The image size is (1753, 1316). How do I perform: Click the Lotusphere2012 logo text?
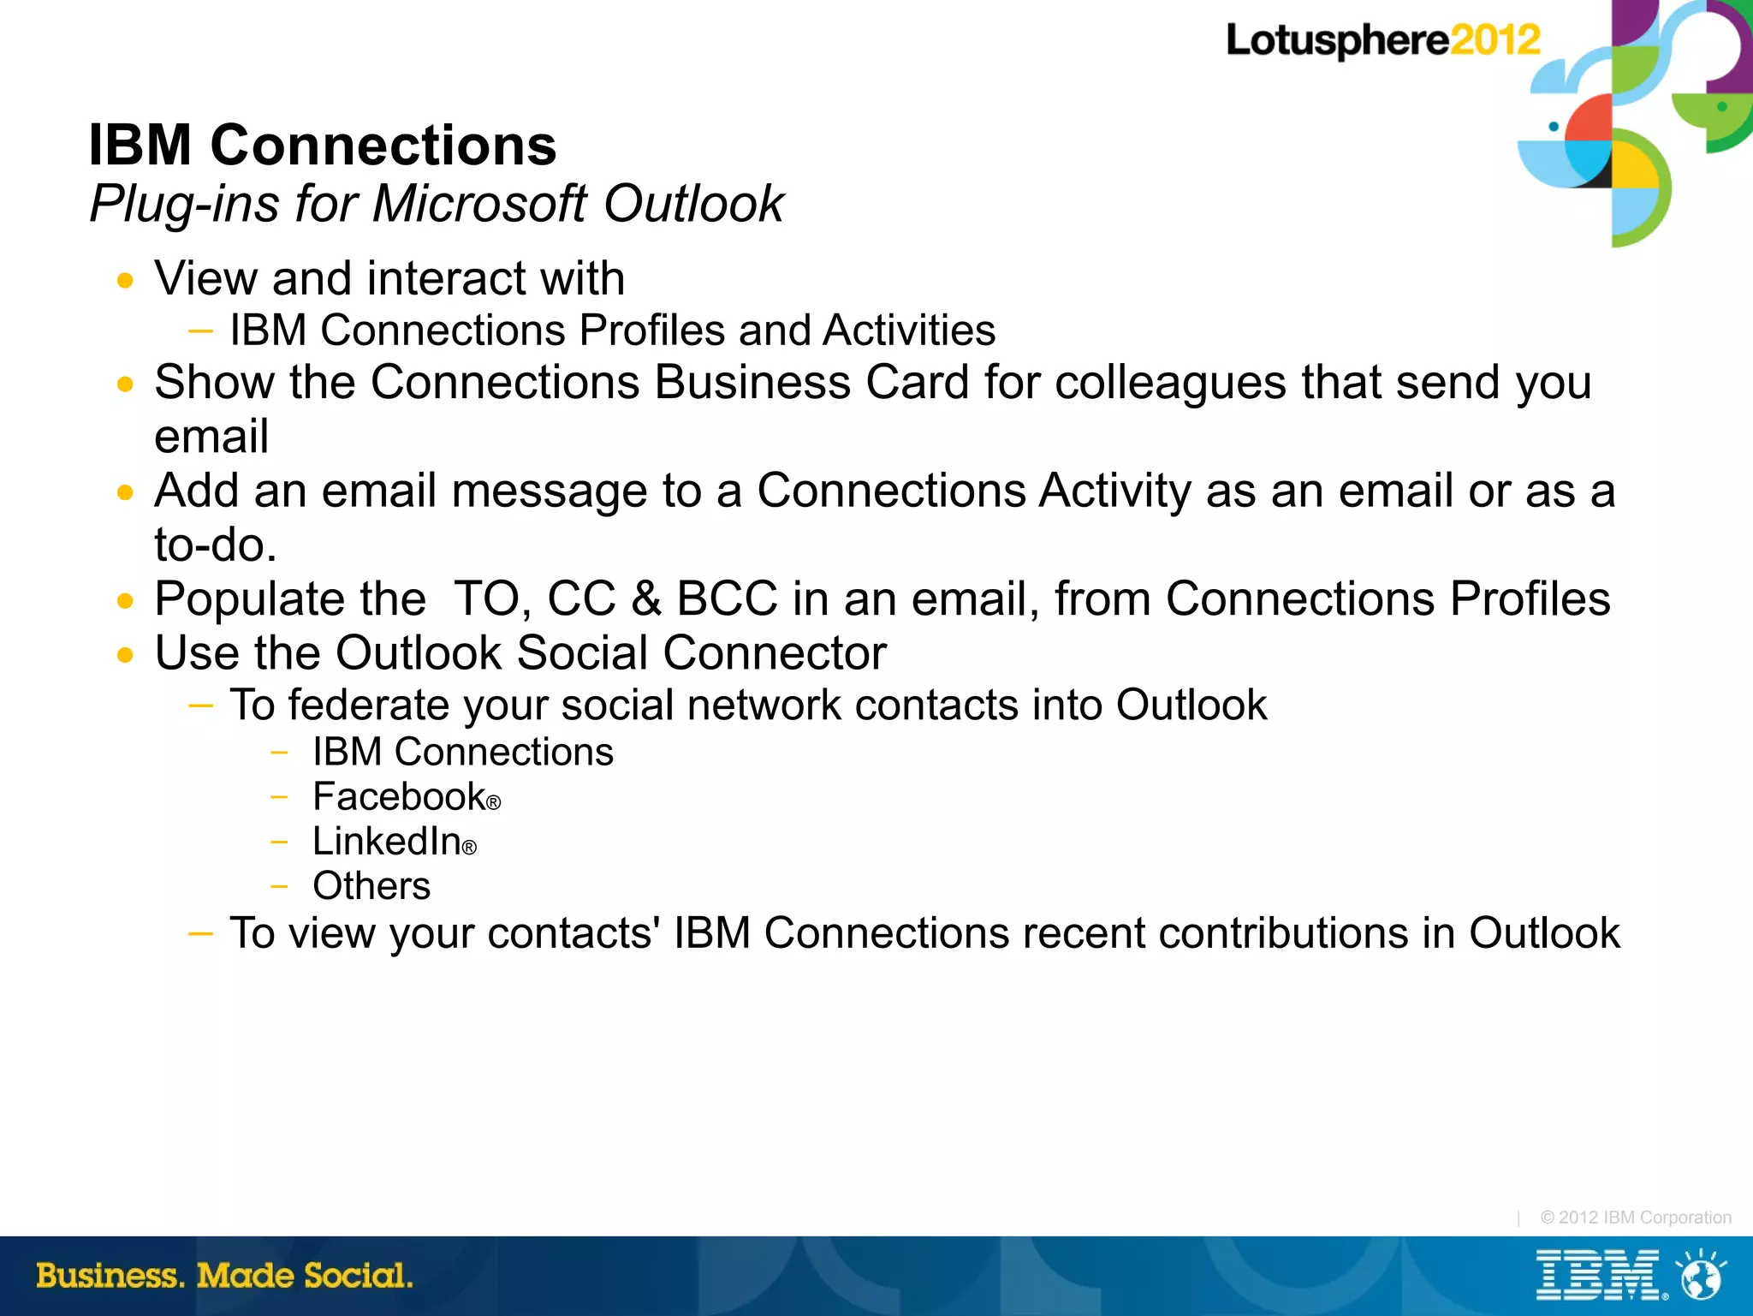[1382, 41]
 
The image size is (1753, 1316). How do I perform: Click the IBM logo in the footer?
[1597, 1276]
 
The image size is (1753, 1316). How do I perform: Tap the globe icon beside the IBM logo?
[1701, 1277]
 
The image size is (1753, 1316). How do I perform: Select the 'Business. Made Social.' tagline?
[224, 1276]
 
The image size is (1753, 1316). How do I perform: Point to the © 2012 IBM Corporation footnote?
[1635, 1218]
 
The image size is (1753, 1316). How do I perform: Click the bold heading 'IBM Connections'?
[322, 145]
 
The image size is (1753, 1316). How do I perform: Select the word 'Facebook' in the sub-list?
[399, 797]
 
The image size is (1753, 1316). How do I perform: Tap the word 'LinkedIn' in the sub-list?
[387, 842]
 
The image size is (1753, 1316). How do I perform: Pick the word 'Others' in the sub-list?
[371, 886]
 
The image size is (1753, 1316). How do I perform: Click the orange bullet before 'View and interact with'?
[126, 281]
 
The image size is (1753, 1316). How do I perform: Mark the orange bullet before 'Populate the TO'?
[126, 601]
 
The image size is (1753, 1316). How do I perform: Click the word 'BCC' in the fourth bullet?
[727, 598]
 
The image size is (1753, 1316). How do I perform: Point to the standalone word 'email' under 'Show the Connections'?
[211, 437]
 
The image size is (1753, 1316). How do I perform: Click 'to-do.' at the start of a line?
[216, 545]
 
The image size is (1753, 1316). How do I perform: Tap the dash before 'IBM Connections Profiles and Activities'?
[200, 330]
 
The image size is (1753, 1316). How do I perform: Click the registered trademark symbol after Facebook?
[493, 803]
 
